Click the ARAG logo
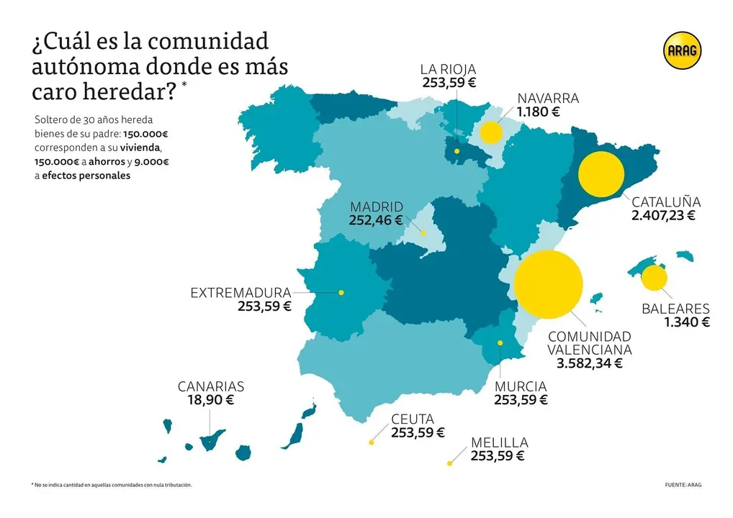pyautogui.click(x=682, y=51)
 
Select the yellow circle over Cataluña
pyautogui.click(x=601, y=176)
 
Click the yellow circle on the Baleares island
pyautogui.click(x=654, y=278)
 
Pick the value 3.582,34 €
pyautogui.click(x=589, y=363)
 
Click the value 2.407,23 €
pyautogui.click(x=663, y=215)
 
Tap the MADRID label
pyautogui.click(x=377, y=207)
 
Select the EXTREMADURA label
pyautogui.click(x=240, y=293)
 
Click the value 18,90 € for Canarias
pyautogui.click(x=211, y=400)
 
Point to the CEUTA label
pyautogui.click(x=413, y=419)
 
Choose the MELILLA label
pyautogui.click(x=500, y=442)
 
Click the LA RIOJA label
pyautogui.click(x=449, y=69)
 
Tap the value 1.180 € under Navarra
pyautogui.click(x=538, y=112)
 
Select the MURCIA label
pyautogui.click(x=521, y=386)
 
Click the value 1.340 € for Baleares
pyautogui.click(x=687, y=322)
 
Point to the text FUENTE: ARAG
pyautogui.click(x=683, y=485)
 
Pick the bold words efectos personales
pyautogui.click(x=86, y=176)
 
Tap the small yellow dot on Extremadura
pyautogui.click(x=341, y=292)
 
